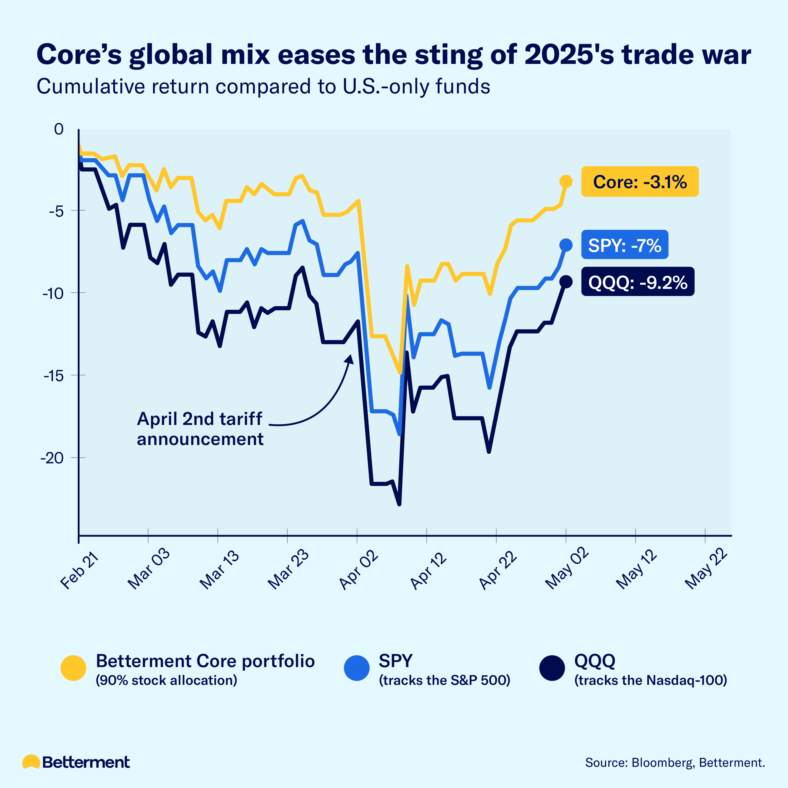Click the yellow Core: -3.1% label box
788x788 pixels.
click(640, 181)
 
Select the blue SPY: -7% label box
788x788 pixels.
click(624, 245)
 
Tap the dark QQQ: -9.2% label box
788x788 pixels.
click(638, 282)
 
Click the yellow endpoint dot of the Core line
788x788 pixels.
click(566, 181)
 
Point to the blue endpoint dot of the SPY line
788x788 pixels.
click(566, 245)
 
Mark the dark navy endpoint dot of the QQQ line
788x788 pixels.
click(566, 281)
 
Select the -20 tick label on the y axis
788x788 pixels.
click(52, 458)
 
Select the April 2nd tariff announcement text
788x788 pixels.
click(200, 429)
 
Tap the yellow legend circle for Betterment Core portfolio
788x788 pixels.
click(73, 668)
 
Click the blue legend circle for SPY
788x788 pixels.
click(356, 668)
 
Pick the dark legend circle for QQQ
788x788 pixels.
click(552, 668)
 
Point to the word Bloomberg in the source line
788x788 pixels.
click(662, 762)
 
